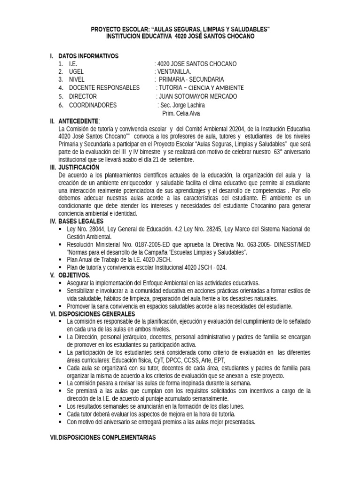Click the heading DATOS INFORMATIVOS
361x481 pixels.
point(88,56)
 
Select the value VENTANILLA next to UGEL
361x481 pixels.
point(173,72)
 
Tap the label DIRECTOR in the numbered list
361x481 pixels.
point(83,96)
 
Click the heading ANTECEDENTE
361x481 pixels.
point(78,121)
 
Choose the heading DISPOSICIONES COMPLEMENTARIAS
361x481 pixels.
point(107,437)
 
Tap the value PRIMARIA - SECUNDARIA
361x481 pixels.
point(191,79)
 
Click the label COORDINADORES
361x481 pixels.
point(93,105)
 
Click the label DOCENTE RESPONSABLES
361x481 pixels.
point(104,88)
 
